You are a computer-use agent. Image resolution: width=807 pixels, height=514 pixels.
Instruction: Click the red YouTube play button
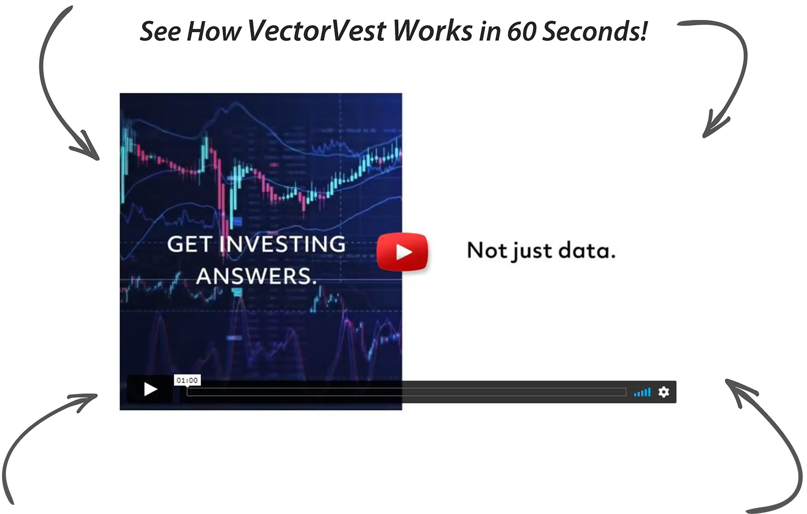[x=402, y=251]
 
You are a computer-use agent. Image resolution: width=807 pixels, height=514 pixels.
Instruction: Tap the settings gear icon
[x=664, y=392]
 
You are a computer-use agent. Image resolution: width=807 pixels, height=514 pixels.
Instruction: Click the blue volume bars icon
[x=642, y=392]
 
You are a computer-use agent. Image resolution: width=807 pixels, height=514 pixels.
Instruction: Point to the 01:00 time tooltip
[x=187, y=381]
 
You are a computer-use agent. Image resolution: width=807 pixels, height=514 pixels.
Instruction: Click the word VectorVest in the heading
[x=317, y=31]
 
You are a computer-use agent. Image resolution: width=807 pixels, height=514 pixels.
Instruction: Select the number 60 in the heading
[x=521, y=31]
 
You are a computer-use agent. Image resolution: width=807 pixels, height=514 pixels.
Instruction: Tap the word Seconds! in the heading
[x=594, y=31]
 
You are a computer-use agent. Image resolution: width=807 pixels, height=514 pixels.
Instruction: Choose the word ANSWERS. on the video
[x=256, y=276]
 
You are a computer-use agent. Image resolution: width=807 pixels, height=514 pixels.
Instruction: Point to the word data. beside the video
[x=586, y=250]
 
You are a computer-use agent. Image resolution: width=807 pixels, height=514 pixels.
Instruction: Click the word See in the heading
[x=160, y=31]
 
